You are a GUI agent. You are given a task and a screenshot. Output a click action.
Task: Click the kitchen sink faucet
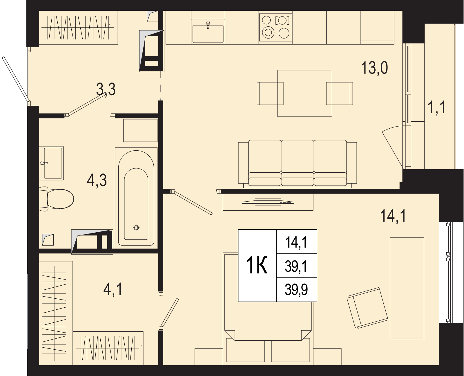pyautogui.click(x=208, y=25)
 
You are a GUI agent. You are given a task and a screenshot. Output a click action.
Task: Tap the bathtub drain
pyautogui.click(x=136, y=228)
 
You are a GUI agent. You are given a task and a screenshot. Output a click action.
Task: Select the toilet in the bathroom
pyautogui.click(x=56, y=199)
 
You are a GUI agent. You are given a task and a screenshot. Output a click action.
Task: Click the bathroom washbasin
pyautogui.click(x=51, y=163)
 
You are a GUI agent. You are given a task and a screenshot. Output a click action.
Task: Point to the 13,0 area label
pyautogui.click(x=374, y=68)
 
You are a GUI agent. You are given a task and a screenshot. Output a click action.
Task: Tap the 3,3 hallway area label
pyautogui.click(x=106, y=90)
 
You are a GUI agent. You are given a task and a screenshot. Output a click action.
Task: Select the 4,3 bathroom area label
pyautogui.click(x=97, y=180)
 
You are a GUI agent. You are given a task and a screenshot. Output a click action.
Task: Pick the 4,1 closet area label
pyautogui.click(x=113, y=290)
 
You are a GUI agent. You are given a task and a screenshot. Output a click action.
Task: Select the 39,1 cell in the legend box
pyautogui.click(x=296, y=266)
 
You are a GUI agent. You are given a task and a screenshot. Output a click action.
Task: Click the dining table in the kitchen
pyautogui.click(x=305, y=93)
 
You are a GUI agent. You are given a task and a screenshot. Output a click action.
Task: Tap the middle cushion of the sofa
pyautogui.click(x=298, y=163)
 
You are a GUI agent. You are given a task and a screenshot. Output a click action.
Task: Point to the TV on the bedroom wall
pyautogui.click(x=268, y=202)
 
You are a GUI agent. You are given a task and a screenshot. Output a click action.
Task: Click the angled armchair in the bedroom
pyautogui.click(x=367, y=308)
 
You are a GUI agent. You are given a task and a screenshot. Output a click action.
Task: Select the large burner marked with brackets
pyautogui.click(x=282, y=21)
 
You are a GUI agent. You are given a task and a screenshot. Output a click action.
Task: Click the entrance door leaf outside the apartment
pyautogui.click(x=16, y=79)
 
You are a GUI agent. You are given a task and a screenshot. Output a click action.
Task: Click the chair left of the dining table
pyautogui.click(x=270, y=93)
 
